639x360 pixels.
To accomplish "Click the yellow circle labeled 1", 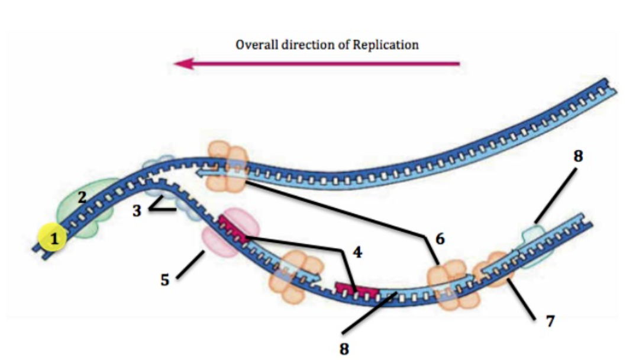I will click(54, 239).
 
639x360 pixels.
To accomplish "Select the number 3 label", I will click(137, 211).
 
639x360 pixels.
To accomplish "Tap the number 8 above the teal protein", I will click(578, 156).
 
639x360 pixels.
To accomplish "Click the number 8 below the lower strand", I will click(344, 348).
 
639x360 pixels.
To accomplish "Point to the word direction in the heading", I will click(308, 45).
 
